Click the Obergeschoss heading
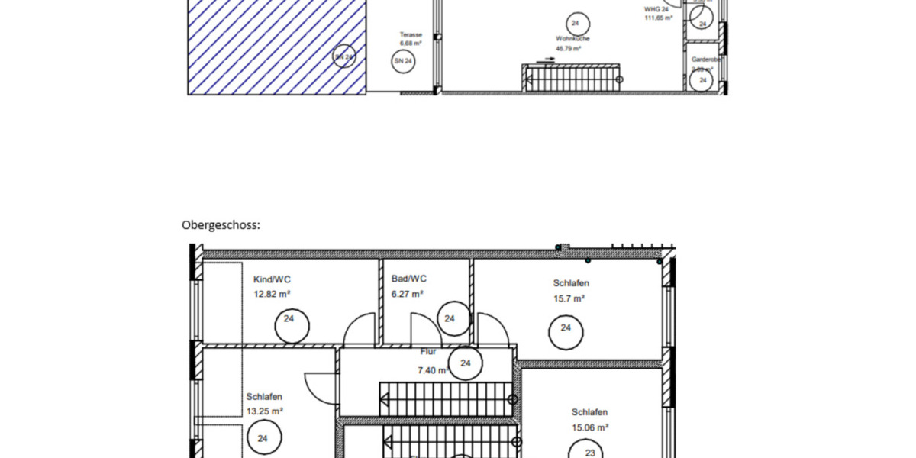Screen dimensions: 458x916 point(221,225)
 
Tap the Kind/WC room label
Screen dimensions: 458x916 point(272,280)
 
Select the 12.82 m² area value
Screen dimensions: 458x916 point(272,293)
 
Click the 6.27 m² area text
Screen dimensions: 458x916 point(408,293)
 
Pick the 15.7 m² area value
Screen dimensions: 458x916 point(569,298)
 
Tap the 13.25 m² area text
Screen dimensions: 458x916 point(265,411)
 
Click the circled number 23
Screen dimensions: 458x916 point(590,453)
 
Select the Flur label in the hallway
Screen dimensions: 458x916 point(428,352)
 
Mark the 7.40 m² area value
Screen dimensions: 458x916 point(432,370)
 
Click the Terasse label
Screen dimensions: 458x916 point(411,35)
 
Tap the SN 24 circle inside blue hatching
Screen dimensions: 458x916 point(345,57)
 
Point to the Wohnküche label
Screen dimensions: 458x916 point(572,38)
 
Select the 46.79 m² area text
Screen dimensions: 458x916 point(569,49)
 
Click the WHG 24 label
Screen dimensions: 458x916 point(656,9)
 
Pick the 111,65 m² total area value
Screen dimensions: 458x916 point(658,18)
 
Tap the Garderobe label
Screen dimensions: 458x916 point(706,59)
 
